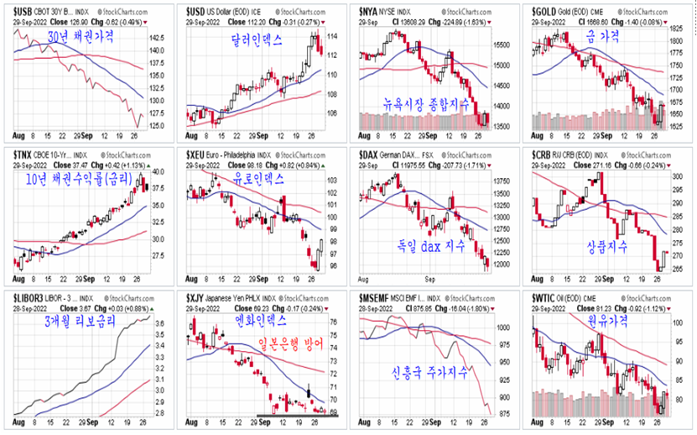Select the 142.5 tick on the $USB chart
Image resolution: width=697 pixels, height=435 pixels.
pos(157,39)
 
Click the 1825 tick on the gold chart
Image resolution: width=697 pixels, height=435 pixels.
pos(675,29)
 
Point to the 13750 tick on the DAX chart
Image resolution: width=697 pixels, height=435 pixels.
pos(502,180)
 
